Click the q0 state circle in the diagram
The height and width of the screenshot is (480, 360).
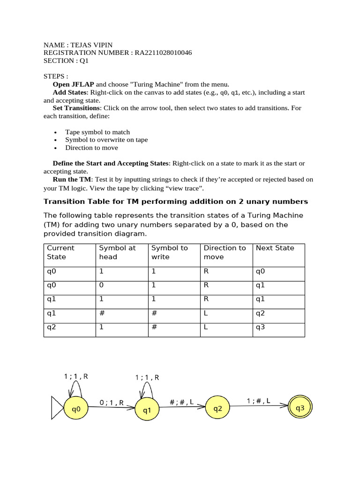76,409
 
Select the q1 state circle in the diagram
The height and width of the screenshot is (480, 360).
147,410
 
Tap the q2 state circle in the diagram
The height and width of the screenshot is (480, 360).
218,408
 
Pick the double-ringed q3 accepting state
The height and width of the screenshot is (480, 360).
300,408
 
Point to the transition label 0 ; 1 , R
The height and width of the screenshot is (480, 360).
112,402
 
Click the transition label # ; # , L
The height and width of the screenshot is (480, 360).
181,402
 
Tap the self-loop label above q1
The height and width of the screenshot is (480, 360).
147,377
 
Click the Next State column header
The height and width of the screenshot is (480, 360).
275,248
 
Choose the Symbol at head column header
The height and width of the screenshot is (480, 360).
117,252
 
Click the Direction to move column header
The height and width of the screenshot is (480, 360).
225,252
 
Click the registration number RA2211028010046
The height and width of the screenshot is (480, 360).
163,53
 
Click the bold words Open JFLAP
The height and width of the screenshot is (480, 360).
73,84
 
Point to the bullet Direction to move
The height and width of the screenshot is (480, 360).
91,148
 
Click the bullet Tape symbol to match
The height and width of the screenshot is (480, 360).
97,132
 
